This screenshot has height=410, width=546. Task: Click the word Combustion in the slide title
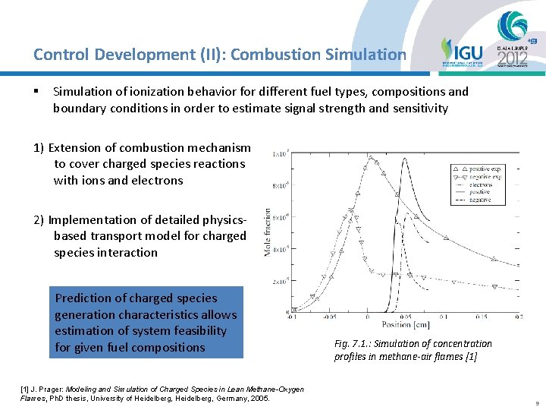(x=266, y=55)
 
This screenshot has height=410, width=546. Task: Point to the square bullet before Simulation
(x=36, y=92)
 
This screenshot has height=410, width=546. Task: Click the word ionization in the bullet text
(x=142, y=92)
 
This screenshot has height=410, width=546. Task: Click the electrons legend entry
(x=479, y=184)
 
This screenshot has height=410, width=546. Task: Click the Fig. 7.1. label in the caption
(x=350, y=344)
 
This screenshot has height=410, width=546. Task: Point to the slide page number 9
(x=535, y=403)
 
